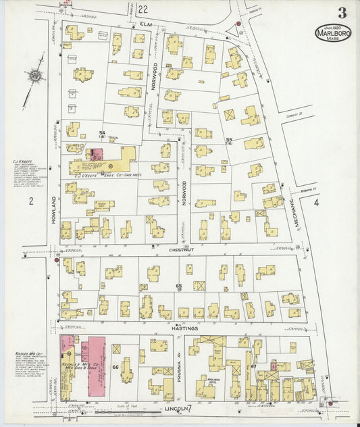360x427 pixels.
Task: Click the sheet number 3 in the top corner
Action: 342,13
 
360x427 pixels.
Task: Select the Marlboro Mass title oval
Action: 332,34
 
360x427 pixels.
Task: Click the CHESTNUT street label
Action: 178,249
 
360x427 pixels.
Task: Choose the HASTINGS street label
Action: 184,328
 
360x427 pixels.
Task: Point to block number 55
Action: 229,139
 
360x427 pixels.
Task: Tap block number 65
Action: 178,287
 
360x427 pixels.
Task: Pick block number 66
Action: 115,367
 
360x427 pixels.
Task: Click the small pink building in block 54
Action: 97,153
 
